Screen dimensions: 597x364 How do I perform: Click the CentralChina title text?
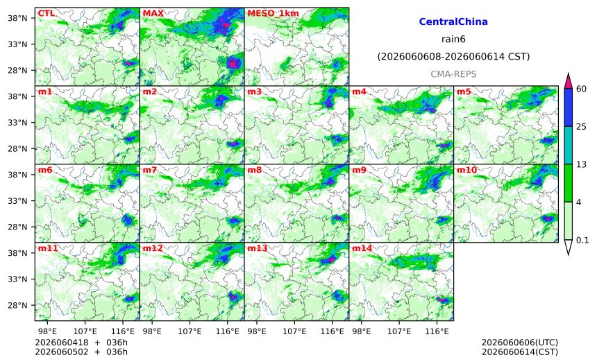453,21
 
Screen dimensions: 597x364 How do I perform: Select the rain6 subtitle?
453,40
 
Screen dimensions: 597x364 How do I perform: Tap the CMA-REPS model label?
453,74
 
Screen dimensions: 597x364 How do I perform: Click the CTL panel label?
46,13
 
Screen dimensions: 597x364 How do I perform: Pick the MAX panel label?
153,13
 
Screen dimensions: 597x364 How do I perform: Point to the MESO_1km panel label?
273,13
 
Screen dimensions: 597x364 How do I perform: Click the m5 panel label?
464,92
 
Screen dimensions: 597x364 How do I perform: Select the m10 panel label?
466,170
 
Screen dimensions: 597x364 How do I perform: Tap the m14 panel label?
362,248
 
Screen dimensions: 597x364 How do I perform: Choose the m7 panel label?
150,170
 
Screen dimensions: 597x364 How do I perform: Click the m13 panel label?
258,248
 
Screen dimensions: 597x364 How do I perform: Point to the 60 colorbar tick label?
581,89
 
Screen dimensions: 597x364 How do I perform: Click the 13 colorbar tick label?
581,164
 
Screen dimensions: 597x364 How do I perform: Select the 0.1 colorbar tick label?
582,240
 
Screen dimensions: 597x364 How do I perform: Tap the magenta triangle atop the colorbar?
568,80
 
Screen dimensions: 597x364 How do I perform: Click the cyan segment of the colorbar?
568,146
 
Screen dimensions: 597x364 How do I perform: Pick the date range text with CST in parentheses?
453,57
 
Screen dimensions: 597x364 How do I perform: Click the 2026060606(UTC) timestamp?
520,343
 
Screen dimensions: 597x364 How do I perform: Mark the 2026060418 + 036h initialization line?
81,343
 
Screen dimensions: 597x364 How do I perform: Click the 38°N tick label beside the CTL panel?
17,18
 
